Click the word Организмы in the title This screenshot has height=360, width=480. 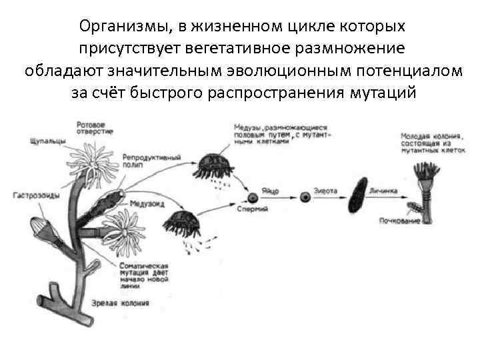pos(125,27)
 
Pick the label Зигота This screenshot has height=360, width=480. pos(325,191)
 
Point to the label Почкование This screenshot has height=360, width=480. pos(399,221)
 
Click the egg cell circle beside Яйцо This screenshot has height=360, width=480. pos(253,197)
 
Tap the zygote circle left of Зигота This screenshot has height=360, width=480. pos(305,197)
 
